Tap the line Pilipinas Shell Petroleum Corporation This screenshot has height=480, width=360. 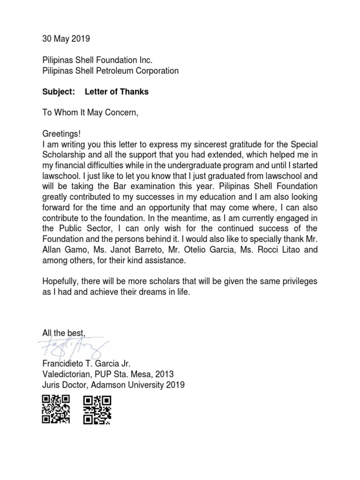point(110,71)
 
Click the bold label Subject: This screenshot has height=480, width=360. point(59,92)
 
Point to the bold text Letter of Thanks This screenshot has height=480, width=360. point(117,92)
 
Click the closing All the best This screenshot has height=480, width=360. point(64,333)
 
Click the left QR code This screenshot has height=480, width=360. point(56,409)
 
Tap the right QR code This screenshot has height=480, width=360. point(97,409)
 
